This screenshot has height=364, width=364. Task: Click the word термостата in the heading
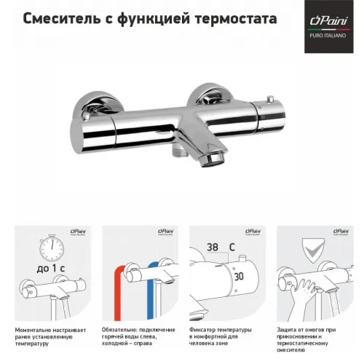point(233,19)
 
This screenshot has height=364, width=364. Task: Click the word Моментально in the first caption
point(35,330)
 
